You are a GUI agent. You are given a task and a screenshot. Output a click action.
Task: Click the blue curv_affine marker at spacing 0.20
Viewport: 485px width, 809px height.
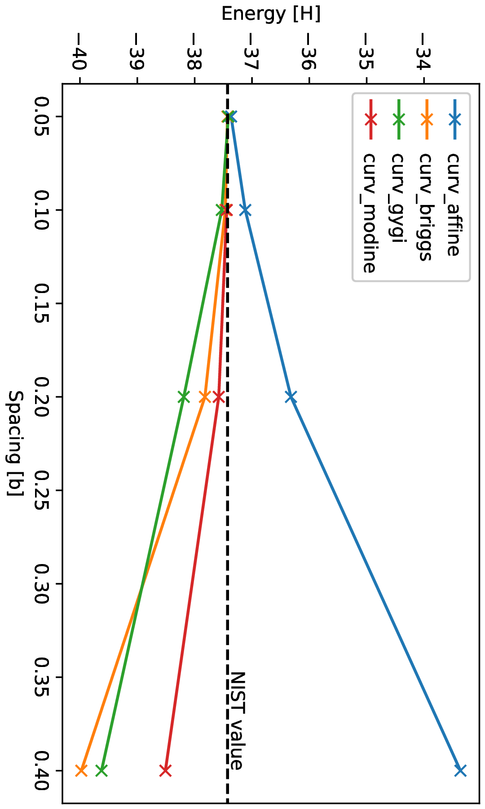click(x=291, y=397)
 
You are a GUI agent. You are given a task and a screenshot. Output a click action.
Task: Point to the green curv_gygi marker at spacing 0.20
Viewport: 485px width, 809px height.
click(x=183, y=397)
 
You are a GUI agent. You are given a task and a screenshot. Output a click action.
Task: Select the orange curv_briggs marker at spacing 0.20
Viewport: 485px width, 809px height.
click(x=205, y=397)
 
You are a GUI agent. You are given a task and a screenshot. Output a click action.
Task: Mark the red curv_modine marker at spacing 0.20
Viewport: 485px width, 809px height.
click(x=219, y=397)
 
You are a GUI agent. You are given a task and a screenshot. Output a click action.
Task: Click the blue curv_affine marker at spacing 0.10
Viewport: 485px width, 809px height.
click(x=245, y=210)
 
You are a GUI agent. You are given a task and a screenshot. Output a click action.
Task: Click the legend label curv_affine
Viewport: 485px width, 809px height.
click(x=453, y=204)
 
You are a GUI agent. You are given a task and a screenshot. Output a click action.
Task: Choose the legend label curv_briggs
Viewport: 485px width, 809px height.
click(x=425, y=207)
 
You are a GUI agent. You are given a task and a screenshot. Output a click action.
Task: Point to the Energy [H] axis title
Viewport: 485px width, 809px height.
click(x=271, y=14)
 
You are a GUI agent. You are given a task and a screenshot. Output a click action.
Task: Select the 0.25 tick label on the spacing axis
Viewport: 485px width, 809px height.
click(x=44, y=490)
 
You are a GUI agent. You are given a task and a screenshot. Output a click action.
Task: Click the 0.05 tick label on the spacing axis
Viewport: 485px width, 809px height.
click(x=44, y=117)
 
